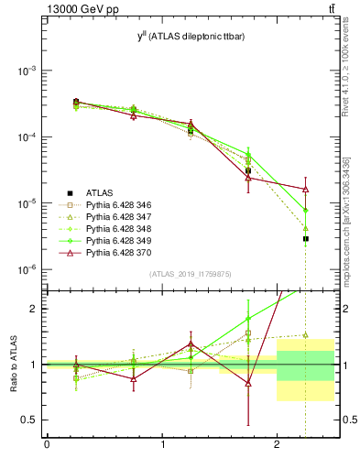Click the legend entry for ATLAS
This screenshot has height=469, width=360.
(100, 192)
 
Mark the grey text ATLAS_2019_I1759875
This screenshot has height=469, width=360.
(191, 273)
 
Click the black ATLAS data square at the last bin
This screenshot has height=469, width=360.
(305, 238)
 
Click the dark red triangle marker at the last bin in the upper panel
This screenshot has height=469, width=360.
(305, 189)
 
